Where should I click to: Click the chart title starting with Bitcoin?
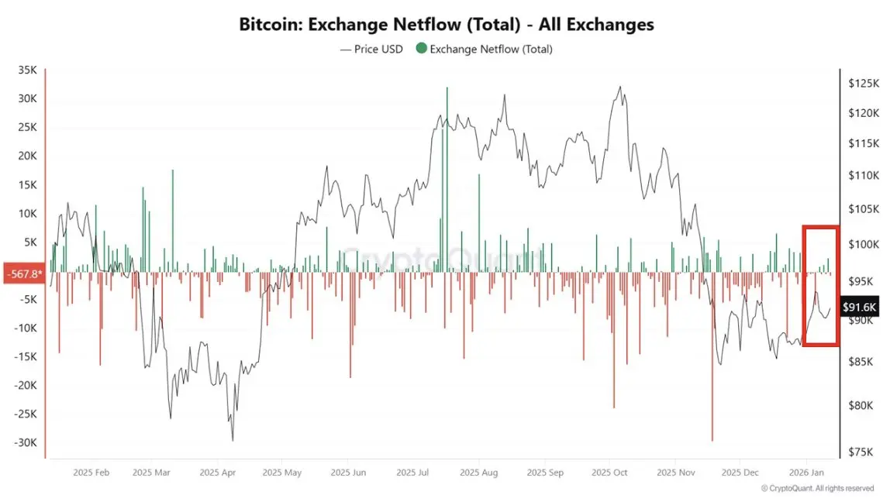446,24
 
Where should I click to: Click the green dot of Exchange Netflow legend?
421,49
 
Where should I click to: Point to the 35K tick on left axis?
27,70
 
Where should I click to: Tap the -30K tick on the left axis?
25,442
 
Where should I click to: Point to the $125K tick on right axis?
863,82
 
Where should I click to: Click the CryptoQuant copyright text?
817,489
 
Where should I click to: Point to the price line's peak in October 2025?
619,87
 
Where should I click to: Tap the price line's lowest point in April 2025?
232,440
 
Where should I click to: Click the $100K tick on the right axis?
863,244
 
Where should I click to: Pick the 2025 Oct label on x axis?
609,471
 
